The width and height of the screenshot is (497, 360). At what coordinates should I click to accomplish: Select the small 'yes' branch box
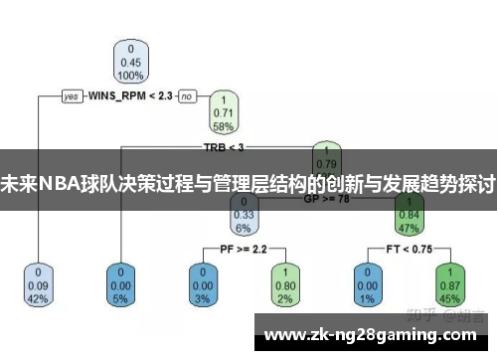[72, 96]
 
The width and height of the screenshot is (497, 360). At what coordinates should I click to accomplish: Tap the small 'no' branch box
[187, 96]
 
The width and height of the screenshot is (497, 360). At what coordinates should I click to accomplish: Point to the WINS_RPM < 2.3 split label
[130, 96]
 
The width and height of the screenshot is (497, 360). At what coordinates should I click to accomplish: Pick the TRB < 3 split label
[224, 147]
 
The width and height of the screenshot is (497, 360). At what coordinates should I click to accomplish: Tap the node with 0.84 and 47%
[408, 213]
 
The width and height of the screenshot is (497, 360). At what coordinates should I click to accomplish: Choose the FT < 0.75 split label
[408, 248]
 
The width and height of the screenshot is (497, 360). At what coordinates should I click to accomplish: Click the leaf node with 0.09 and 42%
[39, 284]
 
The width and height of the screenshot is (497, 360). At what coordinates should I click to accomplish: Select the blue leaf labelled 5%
[121, 284]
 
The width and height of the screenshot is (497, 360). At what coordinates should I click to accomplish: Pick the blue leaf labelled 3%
[203, 284]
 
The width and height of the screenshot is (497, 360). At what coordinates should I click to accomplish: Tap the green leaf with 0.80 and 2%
[285, 284]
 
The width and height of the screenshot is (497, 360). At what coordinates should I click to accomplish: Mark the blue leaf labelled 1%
[367, 284]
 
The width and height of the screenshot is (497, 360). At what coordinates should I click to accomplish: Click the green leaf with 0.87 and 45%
[448, 284]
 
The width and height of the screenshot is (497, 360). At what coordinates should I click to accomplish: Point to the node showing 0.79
[326, 157]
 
